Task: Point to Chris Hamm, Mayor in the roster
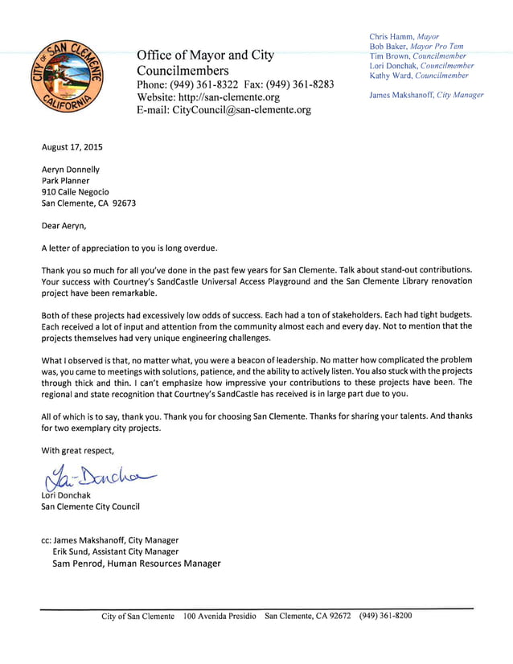click(404, 36)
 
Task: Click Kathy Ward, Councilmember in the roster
click(418, 76)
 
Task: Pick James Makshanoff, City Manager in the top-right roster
click(426, 95)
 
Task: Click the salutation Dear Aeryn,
click(64, 226)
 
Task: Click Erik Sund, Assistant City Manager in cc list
click(115, 551)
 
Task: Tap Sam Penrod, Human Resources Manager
click(136, 564)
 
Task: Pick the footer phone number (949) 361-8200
click(385, 616)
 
